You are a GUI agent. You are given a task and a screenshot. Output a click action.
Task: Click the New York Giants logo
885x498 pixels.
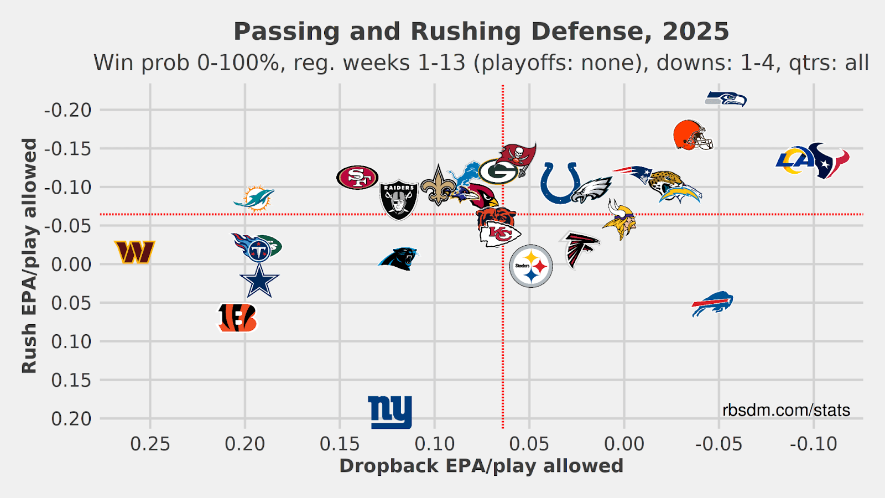point(390,412)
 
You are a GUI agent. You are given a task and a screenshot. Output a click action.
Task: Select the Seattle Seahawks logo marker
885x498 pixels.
point(726,99)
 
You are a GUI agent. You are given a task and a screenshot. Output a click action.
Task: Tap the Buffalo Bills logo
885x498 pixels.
point(712,303)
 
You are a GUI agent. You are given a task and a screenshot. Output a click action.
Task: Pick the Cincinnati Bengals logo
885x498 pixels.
point(237,318)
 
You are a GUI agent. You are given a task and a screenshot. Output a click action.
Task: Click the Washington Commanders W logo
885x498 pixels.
point(134,252)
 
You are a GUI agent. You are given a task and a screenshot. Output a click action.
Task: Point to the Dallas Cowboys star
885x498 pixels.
point(259,281)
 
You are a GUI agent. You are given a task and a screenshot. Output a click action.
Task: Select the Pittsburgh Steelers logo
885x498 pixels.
point(531,266)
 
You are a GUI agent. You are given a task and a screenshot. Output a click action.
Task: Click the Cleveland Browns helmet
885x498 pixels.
point(693,135)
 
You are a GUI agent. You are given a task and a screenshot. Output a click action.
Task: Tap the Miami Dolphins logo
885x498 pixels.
point(254,199)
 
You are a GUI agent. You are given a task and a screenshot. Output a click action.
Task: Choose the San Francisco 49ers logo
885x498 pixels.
point(357,178)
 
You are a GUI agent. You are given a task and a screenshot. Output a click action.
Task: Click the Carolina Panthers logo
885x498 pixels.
point(398,258)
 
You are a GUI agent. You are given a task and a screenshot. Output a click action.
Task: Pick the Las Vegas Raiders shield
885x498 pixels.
point(399,199)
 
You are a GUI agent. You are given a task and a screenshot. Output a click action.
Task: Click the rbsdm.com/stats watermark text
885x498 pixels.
point(786,410)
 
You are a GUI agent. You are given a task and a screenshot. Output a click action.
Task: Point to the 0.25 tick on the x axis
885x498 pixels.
point(150,444)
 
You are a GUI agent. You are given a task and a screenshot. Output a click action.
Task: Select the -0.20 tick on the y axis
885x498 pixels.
point(67,110)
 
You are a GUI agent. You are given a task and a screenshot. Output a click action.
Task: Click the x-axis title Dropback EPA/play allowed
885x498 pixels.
point(481,466)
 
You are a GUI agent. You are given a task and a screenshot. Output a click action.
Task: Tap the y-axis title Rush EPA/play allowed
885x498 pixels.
point(29,256)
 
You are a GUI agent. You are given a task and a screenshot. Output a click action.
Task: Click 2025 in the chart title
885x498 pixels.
point(696,32)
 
